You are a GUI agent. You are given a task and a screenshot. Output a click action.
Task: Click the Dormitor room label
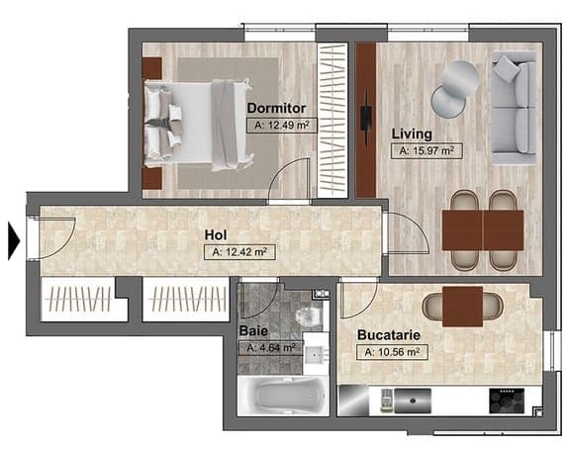[276, 108]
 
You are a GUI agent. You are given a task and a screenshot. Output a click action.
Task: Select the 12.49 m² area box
[282, 126]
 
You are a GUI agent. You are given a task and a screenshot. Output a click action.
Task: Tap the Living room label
[412, 135]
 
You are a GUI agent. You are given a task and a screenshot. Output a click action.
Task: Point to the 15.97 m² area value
[427, 150]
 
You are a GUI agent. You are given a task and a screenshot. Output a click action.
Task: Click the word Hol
[216, 234]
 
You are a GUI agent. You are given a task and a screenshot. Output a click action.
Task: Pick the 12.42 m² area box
[239, 252]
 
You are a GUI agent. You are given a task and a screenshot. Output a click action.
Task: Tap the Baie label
[253, 331]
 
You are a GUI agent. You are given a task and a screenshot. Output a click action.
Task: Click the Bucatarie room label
[389, 335]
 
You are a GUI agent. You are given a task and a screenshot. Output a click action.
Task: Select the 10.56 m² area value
[392, 352]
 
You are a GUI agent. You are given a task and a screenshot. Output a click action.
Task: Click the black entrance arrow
[14, 240]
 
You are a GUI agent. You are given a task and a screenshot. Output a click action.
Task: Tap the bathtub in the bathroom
[283, 397]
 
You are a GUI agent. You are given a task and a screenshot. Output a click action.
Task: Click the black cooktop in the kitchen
[507, 401]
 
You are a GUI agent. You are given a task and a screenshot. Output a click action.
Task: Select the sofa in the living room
[514, 108]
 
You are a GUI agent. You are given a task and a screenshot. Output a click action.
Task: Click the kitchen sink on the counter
[413, 401]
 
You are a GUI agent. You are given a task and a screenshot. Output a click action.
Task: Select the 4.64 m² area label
[271, 348]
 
